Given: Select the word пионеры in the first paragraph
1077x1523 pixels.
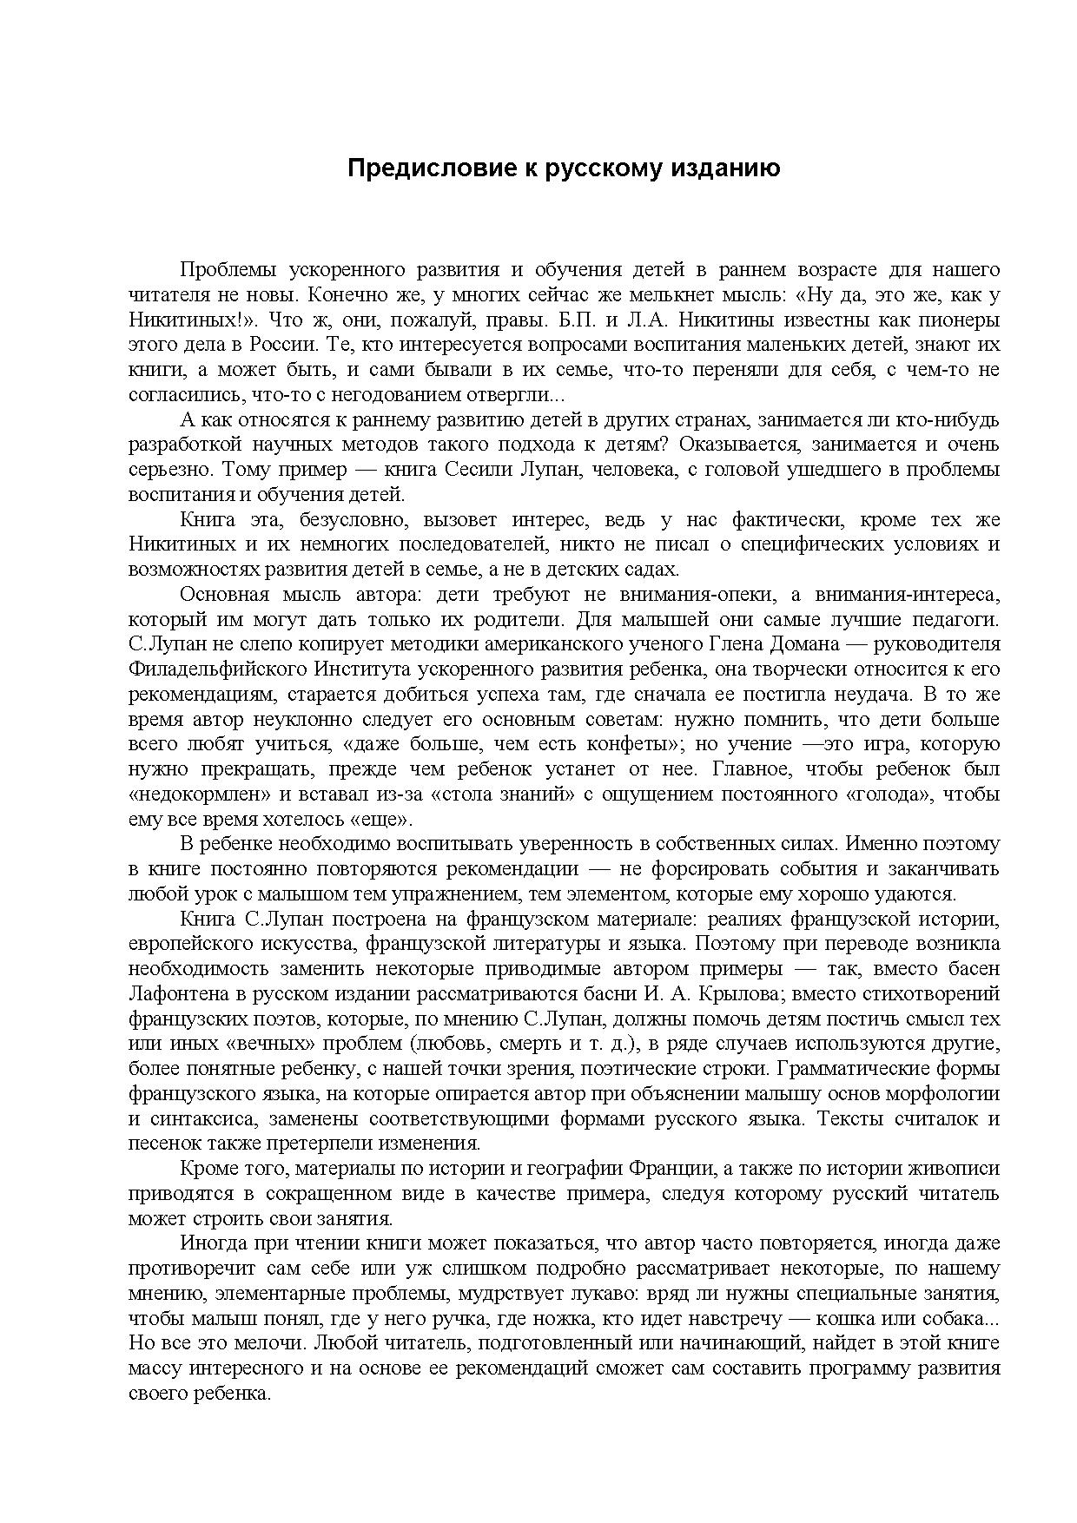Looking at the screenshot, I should [x=959, y=320].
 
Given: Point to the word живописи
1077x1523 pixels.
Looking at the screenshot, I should [x=953, y=1169].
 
